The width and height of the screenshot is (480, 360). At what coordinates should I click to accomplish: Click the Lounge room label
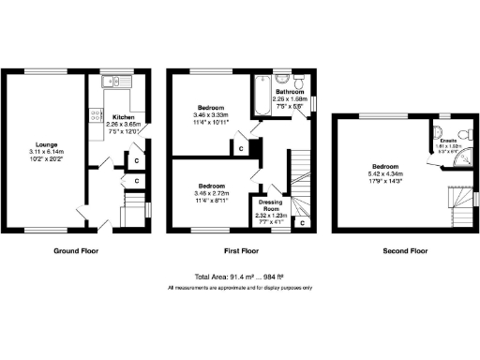(x=45, y=144)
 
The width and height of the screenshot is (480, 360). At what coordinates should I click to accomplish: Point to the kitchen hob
(x=95, y=115)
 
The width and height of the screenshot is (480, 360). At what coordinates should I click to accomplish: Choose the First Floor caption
(x=242, y=251)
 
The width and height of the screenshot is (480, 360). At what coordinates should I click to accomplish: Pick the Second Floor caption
(x=405, y=251)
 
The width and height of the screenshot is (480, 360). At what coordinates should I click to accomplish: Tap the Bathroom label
(x=290, y=92)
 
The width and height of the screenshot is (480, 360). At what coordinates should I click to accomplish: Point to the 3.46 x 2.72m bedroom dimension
(x=209, y=191)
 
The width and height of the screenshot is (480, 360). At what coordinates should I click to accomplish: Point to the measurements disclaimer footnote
(x=240, y=288)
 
